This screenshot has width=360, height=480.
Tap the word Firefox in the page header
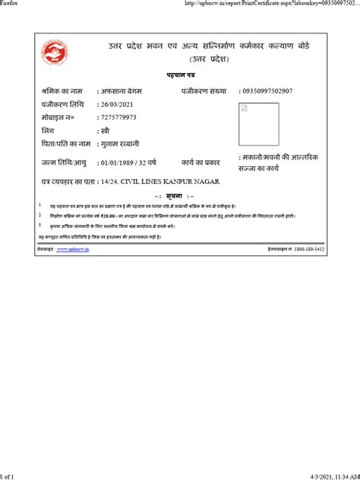[11, 4]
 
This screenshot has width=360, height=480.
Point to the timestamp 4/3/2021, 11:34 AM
[327, 475]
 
